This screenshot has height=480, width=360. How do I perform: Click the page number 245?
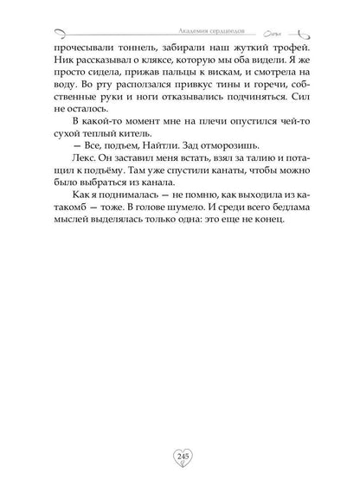click(180, 455)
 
